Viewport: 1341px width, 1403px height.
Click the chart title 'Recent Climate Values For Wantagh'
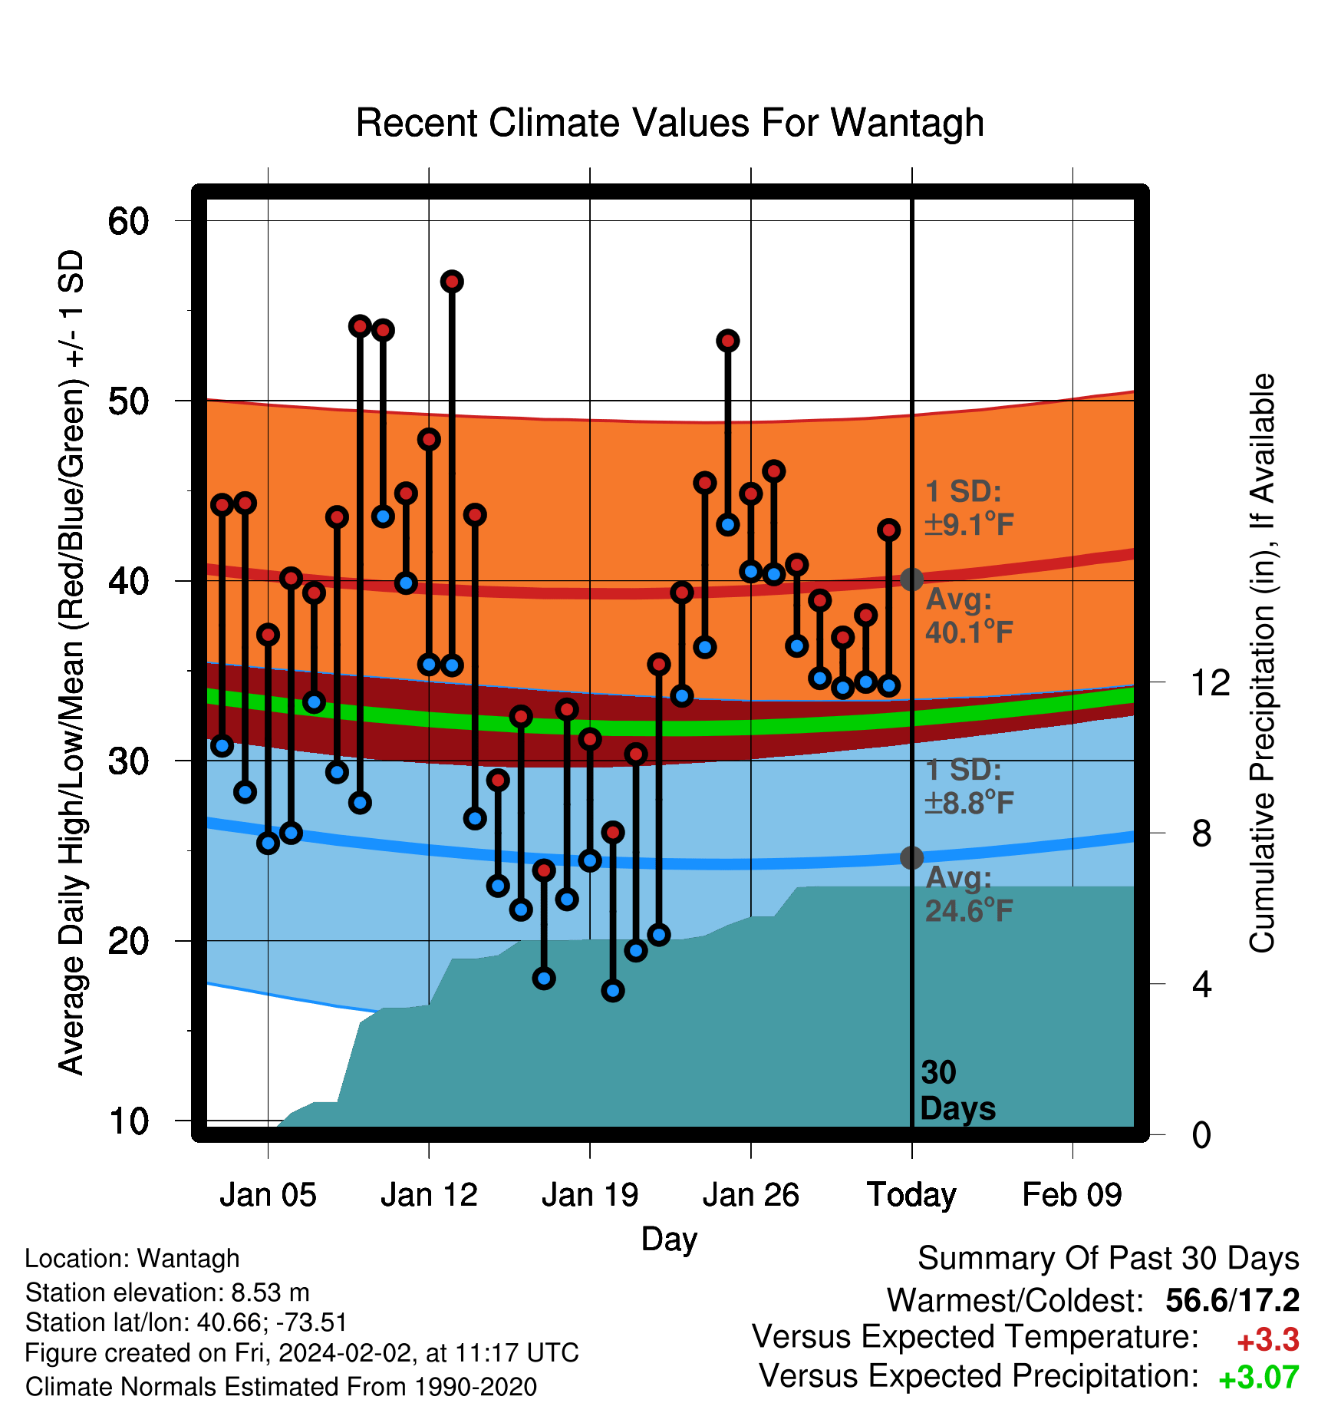coord(670,123)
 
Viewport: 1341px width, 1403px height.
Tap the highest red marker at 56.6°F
coord(452,282)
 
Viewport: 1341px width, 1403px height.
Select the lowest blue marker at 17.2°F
coord(613,991)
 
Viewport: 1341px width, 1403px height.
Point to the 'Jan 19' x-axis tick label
coord(590,1195)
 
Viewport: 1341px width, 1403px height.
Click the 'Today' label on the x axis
coord(911,1195)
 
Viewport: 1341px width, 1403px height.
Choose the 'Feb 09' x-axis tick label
coord(1072,1195)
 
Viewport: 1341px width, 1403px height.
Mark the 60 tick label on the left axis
coord(128,221)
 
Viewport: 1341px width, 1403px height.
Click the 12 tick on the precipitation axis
coord(1211,682)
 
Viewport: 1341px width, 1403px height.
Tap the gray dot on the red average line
coord(911,579)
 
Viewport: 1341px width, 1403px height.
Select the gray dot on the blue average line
coord(911,857)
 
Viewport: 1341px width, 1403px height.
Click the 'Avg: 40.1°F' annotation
coord(970,616)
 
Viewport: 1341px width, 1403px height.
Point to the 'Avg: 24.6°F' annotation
coord(970,894)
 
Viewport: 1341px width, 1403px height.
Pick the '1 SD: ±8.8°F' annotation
coord(970,787)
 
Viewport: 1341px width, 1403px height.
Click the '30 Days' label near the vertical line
coord(957,1091)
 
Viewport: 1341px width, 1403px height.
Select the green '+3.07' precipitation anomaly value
coord(1259,1378)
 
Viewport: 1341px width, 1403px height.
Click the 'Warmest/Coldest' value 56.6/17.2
coord(1233,1300)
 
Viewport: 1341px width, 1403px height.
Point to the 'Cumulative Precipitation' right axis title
coord(1262,663)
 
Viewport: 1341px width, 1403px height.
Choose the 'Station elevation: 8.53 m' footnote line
coord(167,1292)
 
